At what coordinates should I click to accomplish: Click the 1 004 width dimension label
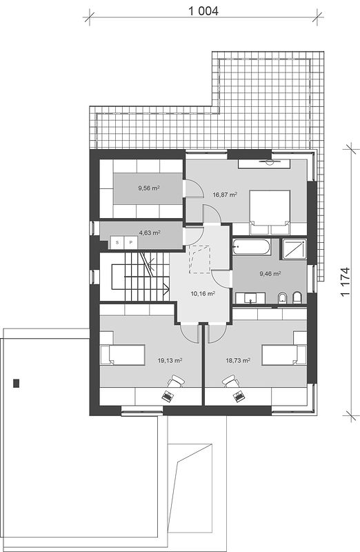[x=203, y=11]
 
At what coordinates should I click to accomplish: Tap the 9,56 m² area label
[x=149, y=188]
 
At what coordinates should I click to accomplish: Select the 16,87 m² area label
[x=225, y=194]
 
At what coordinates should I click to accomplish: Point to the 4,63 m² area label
[x=150, y=233]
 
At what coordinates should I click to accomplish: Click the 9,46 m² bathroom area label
[x=270, y=273]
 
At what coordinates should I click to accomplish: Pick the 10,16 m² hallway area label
[x=203, y=293]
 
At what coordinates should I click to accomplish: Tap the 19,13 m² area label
[x=170, y=360]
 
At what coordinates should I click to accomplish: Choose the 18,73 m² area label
[x=238, y=360]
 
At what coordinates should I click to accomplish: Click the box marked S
[x=117, y=243]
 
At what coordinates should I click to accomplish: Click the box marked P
[x=131, y=243]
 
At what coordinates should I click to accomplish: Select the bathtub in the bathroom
[x=252, y=247]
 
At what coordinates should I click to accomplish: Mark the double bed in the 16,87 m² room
[x=270, y=213]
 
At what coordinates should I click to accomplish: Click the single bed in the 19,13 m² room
[x=123, y=355]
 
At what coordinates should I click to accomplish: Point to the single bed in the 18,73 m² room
[x=284, y=355]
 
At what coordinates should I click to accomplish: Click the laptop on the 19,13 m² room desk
[x=168, y=396]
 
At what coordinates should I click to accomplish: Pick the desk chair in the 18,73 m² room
[x=230, y=382]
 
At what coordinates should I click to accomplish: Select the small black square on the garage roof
[x=16, y=383]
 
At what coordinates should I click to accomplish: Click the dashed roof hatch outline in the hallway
[x=199, y=259]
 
